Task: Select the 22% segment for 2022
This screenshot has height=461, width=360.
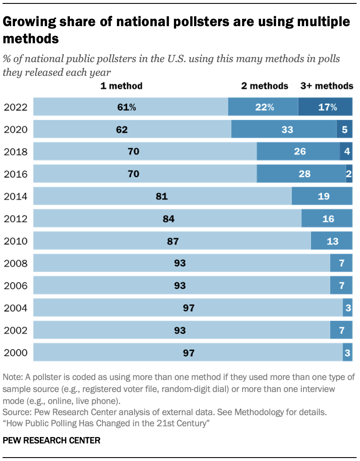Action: (263, 107)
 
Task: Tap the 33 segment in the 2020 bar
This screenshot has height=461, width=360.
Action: (284, 129)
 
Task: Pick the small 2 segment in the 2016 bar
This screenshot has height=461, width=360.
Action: (349, 174)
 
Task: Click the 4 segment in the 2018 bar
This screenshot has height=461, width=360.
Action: (346, 152)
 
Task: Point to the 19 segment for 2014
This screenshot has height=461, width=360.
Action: (322, 196)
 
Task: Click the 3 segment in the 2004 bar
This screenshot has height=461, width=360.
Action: (348, 308)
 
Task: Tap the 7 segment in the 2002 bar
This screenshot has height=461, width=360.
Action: (341, 330)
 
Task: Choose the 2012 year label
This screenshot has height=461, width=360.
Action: (15, 219)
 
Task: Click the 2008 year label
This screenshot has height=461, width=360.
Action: (15, 263)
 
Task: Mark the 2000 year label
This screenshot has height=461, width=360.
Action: (15, 353)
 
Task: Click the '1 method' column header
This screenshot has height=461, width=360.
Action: (121, 86)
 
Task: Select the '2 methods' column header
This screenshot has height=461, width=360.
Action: (264, 86)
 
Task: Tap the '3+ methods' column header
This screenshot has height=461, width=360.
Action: (327, 86)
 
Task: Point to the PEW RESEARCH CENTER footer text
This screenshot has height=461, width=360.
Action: (51, 440)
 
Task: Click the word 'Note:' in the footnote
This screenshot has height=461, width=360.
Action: (13, 377)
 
